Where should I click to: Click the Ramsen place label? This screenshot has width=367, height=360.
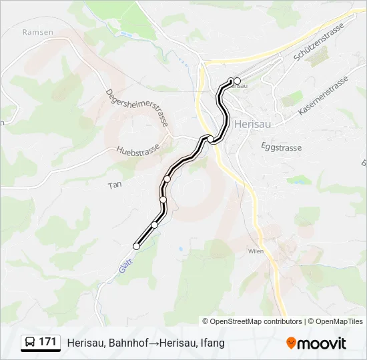pos(33,31)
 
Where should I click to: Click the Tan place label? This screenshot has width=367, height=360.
pos(114,186)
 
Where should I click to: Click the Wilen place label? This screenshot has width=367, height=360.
pos(256,251)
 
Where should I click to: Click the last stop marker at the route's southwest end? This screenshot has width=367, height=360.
pos(137,246)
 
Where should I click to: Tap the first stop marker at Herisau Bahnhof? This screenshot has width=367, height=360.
pos(237,81)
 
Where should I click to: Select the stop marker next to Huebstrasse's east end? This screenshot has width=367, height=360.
pos(211,139)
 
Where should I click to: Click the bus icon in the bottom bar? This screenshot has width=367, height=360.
pos(30,342)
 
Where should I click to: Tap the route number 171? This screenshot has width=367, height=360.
pos(47,342)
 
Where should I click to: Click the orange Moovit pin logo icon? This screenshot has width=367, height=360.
pos(291,343)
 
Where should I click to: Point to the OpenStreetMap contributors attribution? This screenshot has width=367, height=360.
pos(252,321)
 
